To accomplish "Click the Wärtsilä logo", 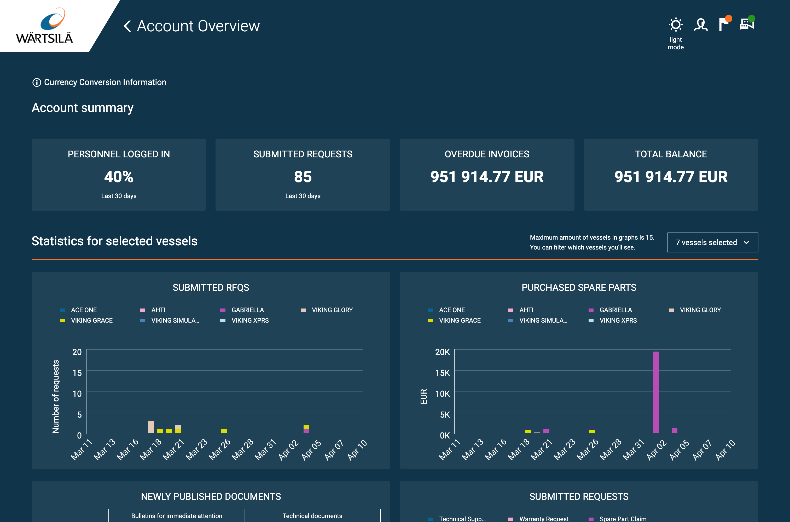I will pyautogui.click(x=45, y=26).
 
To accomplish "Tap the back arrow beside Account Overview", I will pyautogui.click(x=127, y=26).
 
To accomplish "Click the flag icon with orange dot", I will pyautogui.click(x=723, y=24).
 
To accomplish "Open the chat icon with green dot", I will pyautogui.click(x=746, y=24).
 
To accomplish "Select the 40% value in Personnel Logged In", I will pyautogui.click(x=119, y=177).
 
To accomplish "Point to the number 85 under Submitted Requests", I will pyautogui.click(x=303, y=177).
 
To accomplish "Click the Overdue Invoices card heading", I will pyautogui.click(x=486, y=154).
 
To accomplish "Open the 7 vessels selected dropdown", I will pyautogui.click(x=712, y=242).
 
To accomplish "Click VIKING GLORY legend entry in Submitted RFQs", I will pyautogui.click(x=332, y=310).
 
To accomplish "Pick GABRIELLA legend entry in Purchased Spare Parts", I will pyautogui.click(x=615, y=310).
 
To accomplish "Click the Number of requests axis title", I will pyautogui.click(x=56, y=396).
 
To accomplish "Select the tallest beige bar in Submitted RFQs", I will pyautogui.click(x=150, y=427).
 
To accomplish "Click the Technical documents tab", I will pyautogui.click(x=312, y=516).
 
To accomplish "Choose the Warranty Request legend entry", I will pyautogui.click(x=543, y=519).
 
